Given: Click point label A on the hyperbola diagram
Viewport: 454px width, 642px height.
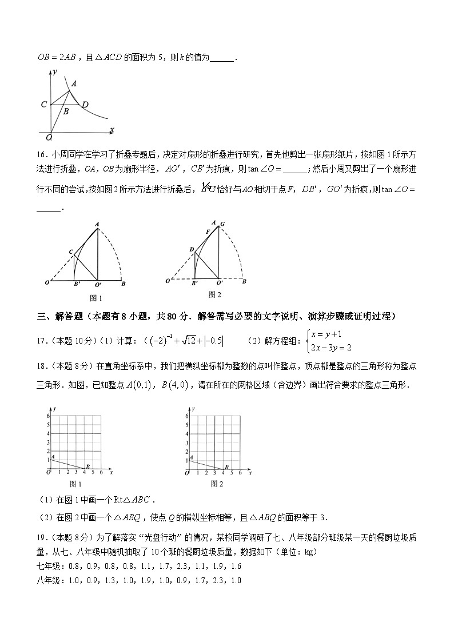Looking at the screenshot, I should [74, 83].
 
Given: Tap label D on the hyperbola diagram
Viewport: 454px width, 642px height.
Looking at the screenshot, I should [85, 105].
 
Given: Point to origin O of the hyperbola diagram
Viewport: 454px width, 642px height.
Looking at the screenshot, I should [49, 137].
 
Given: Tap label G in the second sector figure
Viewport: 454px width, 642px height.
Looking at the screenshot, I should [222, 224].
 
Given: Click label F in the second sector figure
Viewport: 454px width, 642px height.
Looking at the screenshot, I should [208, 232].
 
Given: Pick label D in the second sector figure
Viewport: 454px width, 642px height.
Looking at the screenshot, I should [192, 249].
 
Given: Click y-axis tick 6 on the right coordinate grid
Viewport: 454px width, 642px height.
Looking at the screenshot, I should [187, 416].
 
